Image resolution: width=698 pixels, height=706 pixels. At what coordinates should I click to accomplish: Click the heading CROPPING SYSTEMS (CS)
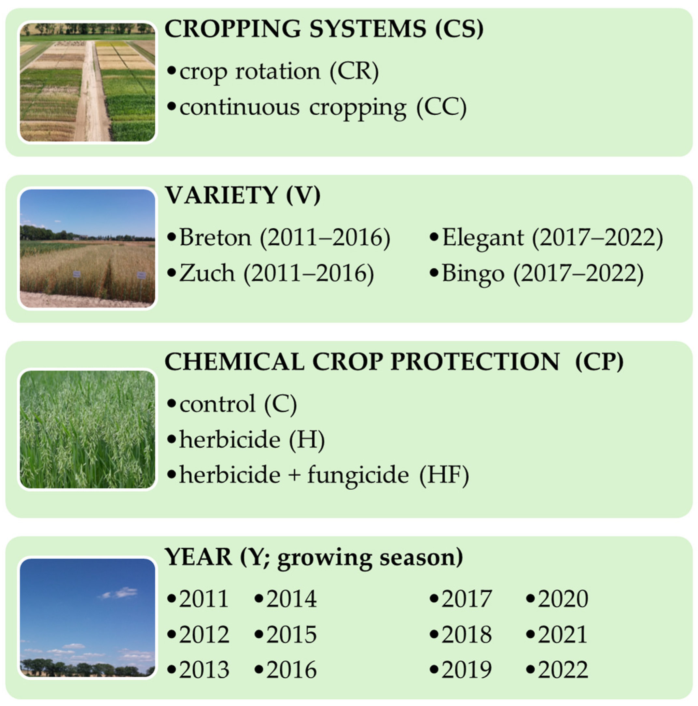(x=324, y=29)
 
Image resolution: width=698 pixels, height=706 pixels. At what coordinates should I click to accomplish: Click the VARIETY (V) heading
(x=243, y=195)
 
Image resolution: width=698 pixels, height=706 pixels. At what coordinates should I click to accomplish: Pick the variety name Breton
(x=215, y=238)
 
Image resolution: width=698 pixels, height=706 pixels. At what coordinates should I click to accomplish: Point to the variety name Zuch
(x=207, y=273)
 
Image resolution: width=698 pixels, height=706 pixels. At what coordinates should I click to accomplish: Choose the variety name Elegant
(x=483, y=238)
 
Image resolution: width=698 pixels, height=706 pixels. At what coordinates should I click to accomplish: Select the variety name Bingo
(x=473, y=274)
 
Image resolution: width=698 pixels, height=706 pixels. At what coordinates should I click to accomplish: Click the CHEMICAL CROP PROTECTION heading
(x=362, y=362)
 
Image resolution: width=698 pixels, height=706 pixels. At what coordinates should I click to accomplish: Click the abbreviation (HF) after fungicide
(x=444, y=475)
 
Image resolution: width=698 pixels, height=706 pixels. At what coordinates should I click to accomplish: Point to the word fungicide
(x=358, y=475)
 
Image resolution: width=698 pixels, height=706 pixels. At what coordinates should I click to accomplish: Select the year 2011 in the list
(x=203, y=598)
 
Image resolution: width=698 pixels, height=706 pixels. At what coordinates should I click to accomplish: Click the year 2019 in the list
(x=467, y=670)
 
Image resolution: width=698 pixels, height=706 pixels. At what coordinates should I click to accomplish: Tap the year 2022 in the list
(x=563, y=670)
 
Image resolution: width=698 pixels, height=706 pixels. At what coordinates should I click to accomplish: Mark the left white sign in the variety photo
(x=77, y=274)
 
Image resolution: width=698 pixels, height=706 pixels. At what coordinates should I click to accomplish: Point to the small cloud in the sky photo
(x=120, y=592)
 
